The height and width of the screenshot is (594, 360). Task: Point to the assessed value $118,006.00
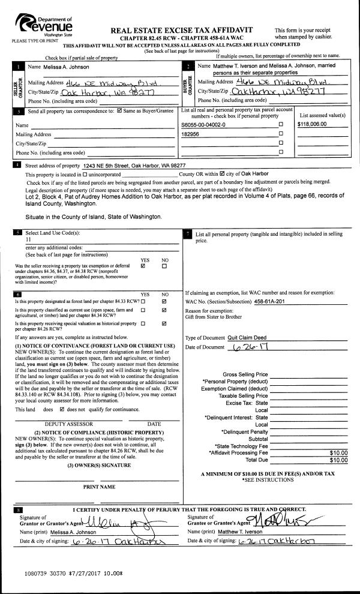[316, 124]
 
